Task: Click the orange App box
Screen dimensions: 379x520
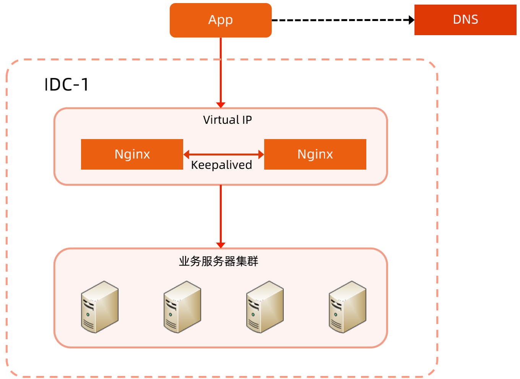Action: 221,20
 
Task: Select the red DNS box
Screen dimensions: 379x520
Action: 465,20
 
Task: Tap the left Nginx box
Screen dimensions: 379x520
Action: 132,154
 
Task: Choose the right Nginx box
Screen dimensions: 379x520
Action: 315,154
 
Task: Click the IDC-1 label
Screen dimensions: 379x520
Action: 67,85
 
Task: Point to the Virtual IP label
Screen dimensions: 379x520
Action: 227,120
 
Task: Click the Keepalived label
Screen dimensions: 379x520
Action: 221,165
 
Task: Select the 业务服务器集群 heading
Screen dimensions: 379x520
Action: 219,261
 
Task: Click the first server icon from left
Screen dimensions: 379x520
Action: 100,307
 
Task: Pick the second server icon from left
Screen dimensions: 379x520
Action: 182,307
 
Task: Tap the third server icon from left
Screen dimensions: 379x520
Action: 265,307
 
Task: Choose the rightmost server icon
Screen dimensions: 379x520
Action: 348,307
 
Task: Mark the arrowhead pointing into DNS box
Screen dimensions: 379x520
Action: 411,20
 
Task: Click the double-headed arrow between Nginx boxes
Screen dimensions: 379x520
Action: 224,154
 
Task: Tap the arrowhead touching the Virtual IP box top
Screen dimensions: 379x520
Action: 221,105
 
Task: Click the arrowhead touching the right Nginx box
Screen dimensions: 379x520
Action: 262,154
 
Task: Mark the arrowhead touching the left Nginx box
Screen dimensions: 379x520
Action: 186,154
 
